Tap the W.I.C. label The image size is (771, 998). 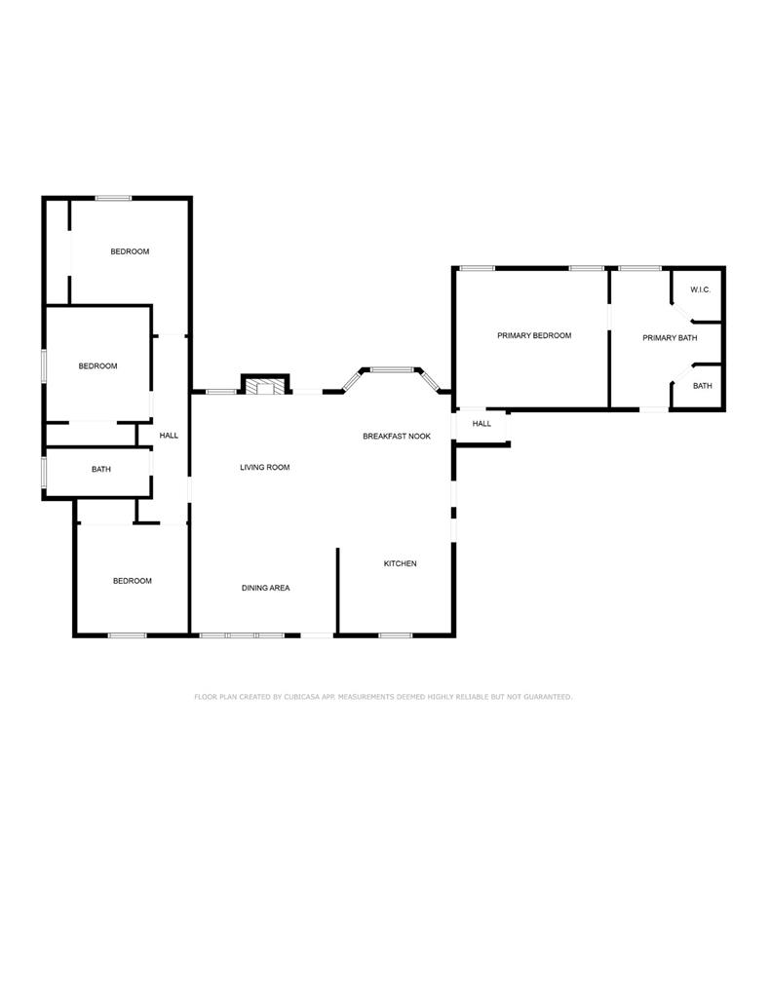point(700,289)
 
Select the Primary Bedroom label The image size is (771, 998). point(534,335)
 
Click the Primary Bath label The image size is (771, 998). point(670,338)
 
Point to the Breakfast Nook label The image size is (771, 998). point(397,436)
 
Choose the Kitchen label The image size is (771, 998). point(400,563)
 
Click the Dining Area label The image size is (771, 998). point(265,588)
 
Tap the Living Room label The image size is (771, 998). point(265,467)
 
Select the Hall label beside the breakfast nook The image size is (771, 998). point(482,423)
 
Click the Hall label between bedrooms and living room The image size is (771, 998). point(169,436)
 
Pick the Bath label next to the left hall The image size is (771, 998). point(101,469)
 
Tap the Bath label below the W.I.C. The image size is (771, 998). point(702,386)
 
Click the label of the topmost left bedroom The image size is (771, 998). point(130,251)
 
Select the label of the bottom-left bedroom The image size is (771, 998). point(133,581)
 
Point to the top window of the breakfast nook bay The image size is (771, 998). point(392,369)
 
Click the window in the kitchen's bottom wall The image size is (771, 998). point(396,635)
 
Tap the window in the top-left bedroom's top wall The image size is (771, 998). point(113,198)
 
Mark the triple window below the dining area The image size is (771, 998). point(242,635)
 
